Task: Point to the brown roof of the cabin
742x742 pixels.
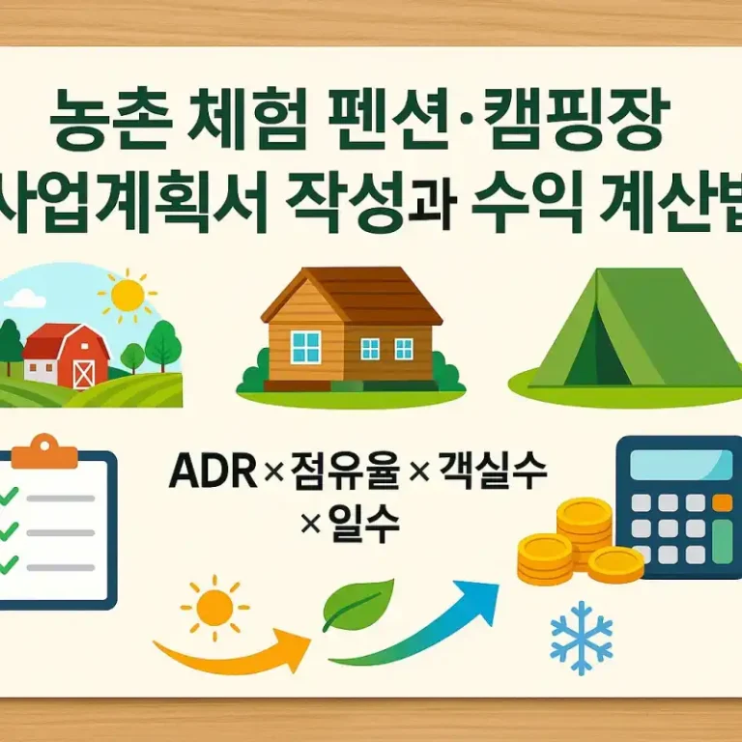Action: click(x=353, y=291)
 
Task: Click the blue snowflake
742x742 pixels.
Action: click(x=581, y=638)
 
